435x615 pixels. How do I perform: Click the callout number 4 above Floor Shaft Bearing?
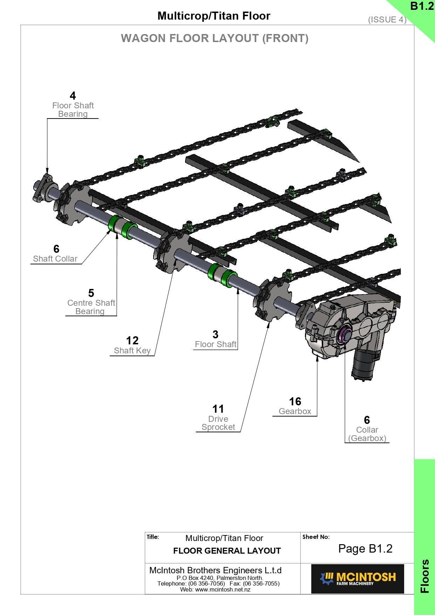(x=73, y=96)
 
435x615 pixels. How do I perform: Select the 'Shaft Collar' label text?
(x=55, y=259)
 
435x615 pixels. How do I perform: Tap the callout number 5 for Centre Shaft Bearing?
(x=91, y=293)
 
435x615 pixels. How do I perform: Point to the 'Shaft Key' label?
(x=132, y=351)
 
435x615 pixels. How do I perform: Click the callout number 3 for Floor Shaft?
(x=216, y=334)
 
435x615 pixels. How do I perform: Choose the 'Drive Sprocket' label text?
(x=218, y=423)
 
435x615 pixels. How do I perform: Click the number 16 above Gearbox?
(x=295, y=401)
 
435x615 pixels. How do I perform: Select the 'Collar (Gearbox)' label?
(x=367, y=434)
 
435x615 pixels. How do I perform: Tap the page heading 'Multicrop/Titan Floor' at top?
(x=214, y=16)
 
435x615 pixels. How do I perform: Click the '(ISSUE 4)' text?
(x=387, y=20)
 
